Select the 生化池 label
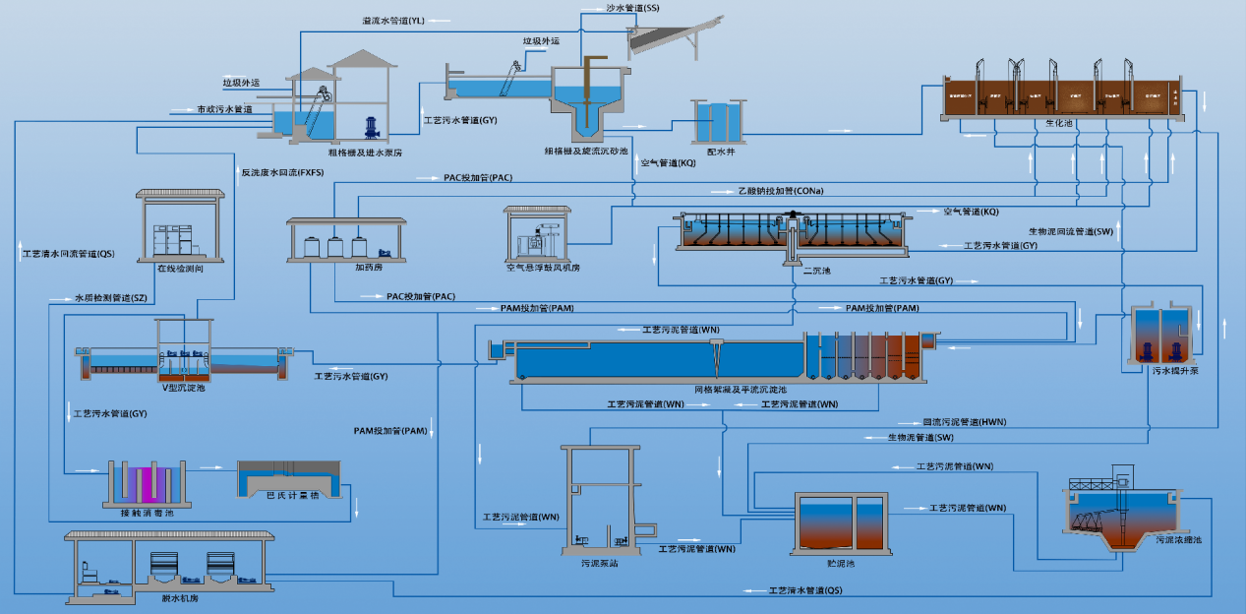click(x=1058, y=124)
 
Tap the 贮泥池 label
click(x=842, y=564)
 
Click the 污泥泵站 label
click(x=598, y=563)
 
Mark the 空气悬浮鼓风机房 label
click(x=544, y=267)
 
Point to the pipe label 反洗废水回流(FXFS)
click(x=282, y=173)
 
